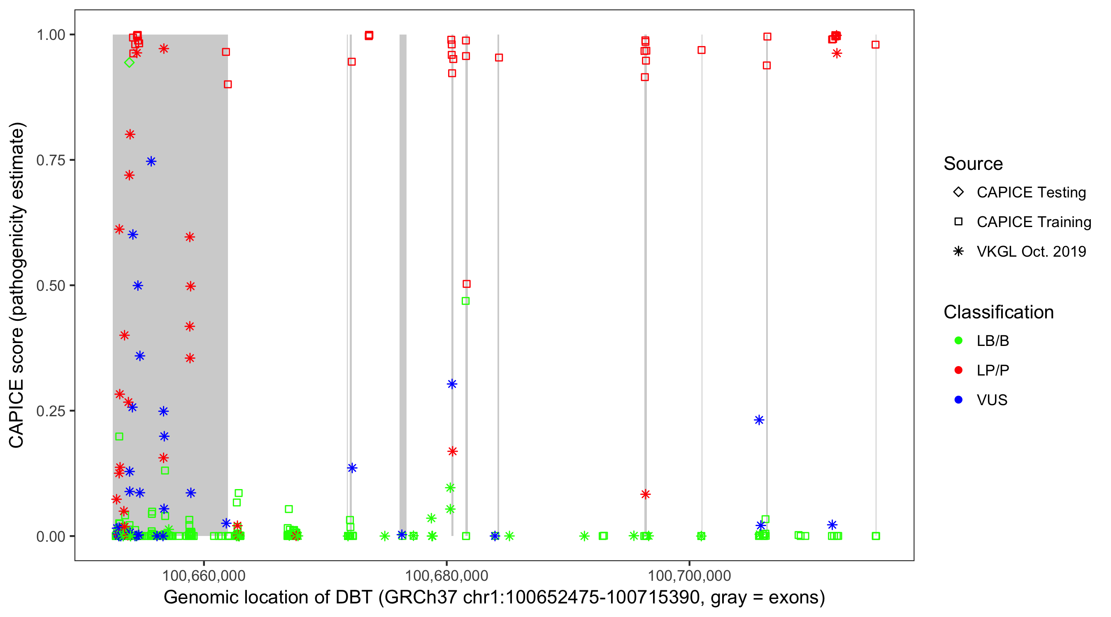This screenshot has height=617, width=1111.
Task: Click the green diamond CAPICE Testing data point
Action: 129,63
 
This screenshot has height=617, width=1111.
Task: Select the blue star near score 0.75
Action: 151,161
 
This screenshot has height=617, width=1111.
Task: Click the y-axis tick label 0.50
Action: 51,285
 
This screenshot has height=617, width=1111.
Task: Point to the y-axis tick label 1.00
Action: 51,35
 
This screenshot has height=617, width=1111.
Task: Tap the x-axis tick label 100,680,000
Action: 446,575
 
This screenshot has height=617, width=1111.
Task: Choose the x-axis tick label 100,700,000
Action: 689,575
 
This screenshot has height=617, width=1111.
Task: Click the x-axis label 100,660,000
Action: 204,575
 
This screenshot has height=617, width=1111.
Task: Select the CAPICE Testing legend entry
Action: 1031,193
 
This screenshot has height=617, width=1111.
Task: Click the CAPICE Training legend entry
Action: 1033,222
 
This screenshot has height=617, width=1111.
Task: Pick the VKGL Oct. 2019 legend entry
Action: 1031,251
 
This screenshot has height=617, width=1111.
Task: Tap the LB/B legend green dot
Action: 958,341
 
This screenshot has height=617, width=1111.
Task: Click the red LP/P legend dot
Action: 958,370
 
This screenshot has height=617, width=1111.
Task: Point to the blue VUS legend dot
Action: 958,400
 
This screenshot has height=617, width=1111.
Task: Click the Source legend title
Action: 973,164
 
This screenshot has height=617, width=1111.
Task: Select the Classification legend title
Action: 998,312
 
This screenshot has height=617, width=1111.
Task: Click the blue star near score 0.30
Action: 451,384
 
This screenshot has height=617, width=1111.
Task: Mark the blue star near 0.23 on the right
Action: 759,420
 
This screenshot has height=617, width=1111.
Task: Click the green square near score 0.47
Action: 466,301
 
